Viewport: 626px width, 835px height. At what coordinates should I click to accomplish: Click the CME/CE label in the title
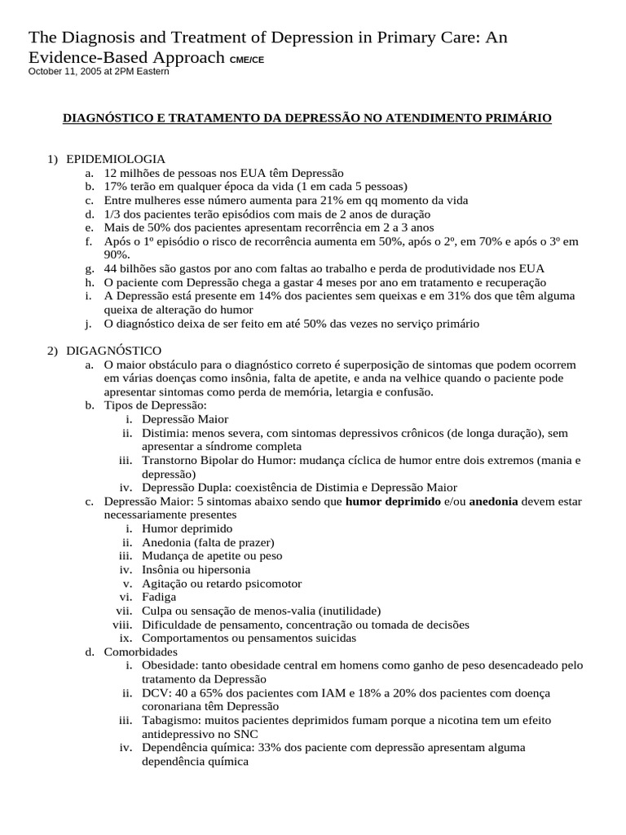pyautogui.click(x=247, y=60)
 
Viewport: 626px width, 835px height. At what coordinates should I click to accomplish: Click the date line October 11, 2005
pyautogui.click(x=99, y=72)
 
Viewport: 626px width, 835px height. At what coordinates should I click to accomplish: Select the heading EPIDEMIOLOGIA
pyautogui.click(x=116, y=158)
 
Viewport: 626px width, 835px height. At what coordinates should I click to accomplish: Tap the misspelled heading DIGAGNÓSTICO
pyautogui.click(x=114, y=350)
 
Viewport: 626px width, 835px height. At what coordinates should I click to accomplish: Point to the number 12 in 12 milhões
pyautogui.click(x=111, y=173)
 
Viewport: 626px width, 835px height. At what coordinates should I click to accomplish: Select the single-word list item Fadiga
pyautogui.click(x=160, y=597)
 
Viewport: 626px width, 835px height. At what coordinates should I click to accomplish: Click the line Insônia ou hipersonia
pyautogui.click(x=196, y=569)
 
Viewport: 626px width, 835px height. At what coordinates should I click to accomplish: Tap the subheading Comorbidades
pyautogui.click(x=141, y=652)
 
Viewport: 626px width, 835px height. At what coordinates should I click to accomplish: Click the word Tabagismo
pyautogui.click(x=170, y=720)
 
